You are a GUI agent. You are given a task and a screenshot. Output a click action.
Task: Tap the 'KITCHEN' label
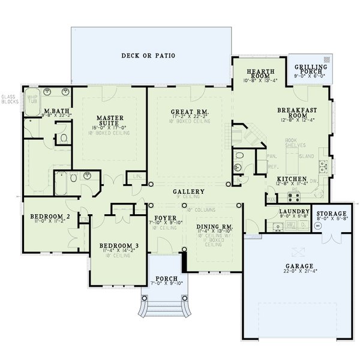tap(292, 179)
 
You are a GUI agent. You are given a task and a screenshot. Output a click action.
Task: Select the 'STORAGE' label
tap(332, 214)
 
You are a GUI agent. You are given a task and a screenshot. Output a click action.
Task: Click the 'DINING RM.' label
tap(214, 226)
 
